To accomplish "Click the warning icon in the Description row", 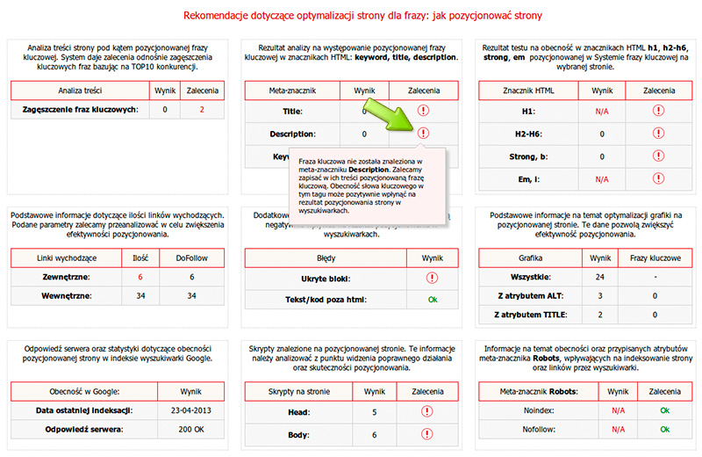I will point(424,134).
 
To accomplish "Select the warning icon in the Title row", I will point(424,111).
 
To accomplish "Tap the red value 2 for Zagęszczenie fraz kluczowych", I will point(202,110).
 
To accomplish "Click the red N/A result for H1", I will point(602,112).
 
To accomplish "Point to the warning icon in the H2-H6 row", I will point(658,134).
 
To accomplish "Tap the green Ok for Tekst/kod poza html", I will point(432,300).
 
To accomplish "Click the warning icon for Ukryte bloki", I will point(432,278).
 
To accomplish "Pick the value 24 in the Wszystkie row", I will point(602,277).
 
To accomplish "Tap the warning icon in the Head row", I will point(426,410).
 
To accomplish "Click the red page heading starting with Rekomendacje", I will point(351,15).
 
